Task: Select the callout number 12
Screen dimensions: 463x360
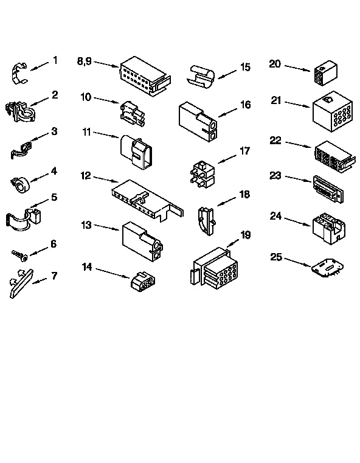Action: coord(86,176)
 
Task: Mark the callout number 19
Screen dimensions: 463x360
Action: coord(246,234)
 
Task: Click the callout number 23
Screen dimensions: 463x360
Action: coord(275,176)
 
